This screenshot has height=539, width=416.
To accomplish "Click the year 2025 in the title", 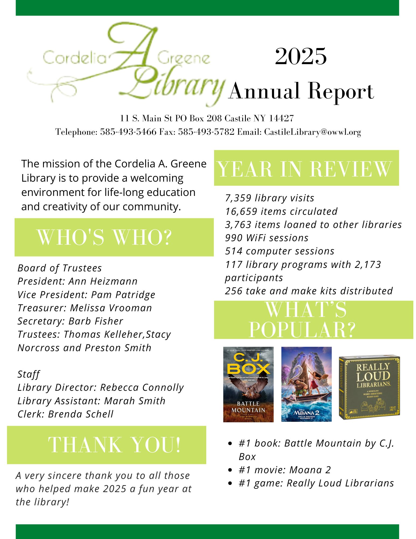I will tap(301, 56).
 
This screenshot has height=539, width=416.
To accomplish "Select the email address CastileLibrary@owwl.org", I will tap(312, 132).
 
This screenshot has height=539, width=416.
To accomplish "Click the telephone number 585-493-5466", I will tap(128, 132).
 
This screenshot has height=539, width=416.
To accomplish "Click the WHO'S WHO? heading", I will tap(104, 237).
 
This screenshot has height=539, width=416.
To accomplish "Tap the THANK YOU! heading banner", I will tap(114, 445).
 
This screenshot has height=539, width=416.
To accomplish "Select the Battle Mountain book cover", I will tap(248, 384).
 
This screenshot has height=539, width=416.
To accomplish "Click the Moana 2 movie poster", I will tap(306, 384).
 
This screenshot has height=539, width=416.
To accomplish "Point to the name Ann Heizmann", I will tap(103, 281).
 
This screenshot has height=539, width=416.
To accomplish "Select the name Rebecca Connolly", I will tap(142, 388).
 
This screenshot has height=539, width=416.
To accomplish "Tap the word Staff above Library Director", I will tap(29, 374).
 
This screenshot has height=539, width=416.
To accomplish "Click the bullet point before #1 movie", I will tap(230, 470).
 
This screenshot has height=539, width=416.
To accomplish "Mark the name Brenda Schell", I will tap(81, 414).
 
